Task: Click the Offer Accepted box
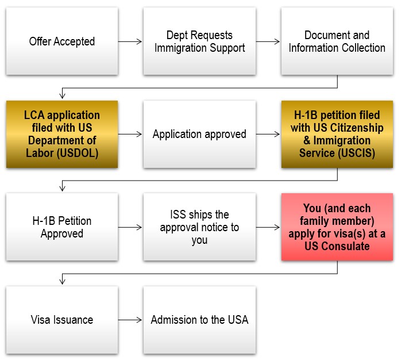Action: (62, 41)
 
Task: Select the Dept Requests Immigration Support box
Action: (199, 41)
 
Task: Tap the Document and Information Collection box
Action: (337, 41)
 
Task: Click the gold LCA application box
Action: (62, 134)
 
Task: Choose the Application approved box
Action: (199, 134)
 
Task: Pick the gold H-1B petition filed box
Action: (337, 134)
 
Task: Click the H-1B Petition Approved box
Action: (62, 227)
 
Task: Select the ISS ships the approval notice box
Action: (199, 227)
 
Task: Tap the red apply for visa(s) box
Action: (337, 227)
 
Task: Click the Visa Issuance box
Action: (62, 320)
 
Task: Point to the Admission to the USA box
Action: (199, 320)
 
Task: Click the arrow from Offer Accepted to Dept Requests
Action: (130, 41)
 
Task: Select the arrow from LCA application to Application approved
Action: (130, 134)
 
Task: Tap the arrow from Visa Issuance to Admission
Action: (130, 320)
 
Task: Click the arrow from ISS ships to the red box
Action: (268, 227)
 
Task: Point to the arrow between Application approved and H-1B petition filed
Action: (268, 134)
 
